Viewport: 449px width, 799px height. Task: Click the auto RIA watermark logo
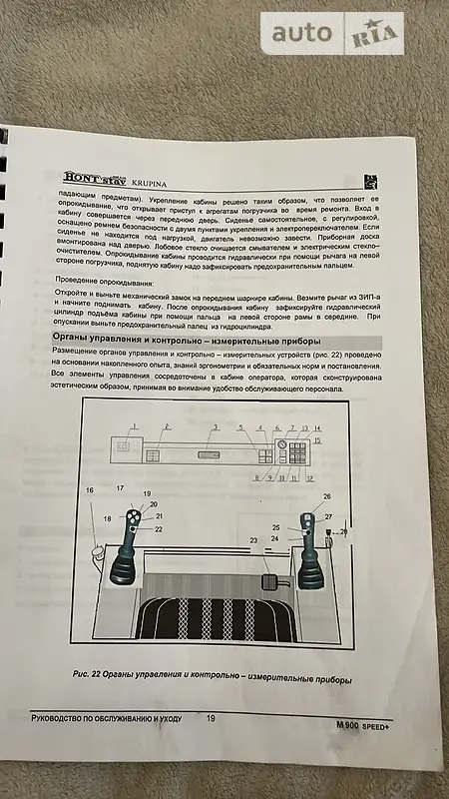pyautogui.click(x=333, y=34)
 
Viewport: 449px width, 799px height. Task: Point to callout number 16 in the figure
pyautogui.click(x=90, y=491)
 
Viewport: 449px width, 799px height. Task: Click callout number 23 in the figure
pyautogui.click(x=252, y=540)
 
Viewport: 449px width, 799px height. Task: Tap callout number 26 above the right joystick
pyautogui.click(x=327, y=496)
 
